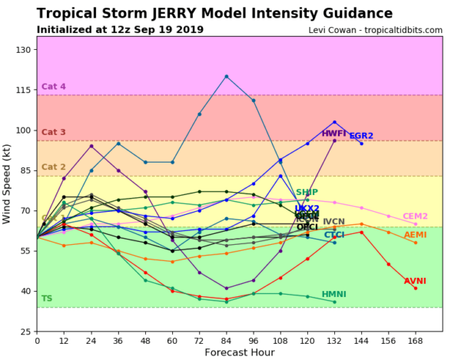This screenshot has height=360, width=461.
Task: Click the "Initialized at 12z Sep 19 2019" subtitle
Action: coord(120,30)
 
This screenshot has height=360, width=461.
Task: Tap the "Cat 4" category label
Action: coord(54,87)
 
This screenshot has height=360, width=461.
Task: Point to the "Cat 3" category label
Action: coord(54,133)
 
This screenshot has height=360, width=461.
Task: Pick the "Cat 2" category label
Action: coord(54,167)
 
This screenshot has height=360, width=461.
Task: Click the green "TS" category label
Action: coord(47,298)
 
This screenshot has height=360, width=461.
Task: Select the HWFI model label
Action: coord(334,134)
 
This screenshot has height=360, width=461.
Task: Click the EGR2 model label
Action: coord(361,136)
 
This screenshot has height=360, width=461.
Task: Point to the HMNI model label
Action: coord(334,294)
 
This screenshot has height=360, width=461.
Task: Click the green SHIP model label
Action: coord(307,193)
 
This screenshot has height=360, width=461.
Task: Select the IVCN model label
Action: coord(334,222)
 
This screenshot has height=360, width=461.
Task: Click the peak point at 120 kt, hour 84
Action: coord(227,77)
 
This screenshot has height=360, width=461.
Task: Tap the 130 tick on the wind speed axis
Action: coord(22,50)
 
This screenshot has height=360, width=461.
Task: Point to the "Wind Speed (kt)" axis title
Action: coord(8,183)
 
